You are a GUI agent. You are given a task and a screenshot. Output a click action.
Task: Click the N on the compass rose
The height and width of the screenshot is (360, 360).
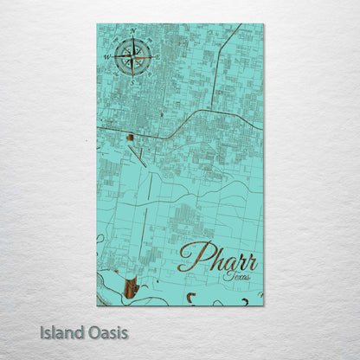click(x=132, y=32)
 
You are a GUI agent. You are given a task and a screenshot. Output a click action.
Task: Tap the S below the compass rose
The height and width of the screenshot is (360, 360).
click(x=132, y=83)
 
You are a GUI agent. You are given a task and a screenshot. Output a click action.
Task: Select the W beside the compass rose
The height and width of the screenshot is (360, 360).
click(x=107, y=57)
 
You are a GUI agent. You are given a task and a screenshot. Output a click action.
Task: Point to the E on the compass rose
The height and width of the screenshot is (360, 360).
click(x=157, y=57)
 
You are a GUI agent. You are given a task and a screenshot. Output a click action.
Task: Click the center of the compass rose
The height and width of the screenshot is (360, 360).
click(x=132, y=57)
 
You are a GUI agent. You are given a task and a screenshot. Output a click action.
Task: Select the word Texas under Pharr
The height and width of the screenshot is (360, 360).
click(x=235, y=275)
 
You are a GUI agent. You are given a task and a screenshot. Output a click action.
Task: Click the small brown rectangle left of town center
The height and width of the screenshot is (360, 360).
click(x=129, y=137)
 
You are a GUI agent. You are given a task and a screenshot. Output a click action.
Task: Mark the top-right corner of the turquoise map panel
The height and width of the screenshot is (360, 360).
click(x=263, y=24)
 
